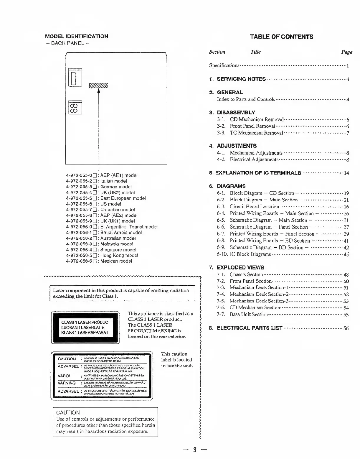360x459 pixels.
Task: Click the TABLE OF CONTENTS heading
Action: coord(281,37)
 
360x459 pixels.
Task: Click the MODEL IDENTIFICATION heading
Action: coord(77,36)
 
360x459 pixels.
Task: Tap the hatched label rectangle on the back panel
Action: coord(99,85)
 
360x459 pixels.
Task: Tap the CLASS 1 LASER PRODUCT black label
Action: coord(85,327)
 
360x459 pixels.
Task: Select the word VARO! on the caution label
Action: coord(64,376)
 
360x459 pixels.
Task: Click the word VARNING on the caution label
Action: coord(67,383)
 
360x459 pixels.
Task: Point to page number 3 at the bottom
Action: coord(194,450)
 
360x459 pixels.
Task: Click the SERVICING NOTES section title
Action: coord(241,79)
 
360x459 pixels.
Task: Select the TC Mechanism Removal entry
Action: coord(256,133)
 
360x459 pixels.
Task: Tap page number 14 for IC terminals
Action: coord(346,173)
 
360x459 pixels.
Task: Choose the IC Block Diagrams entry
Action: coord(250,254)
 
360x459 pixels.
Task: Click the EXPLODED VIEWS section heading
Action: coord(240,268)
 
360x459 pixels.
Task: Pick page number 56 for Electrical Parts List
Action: coord(346,328)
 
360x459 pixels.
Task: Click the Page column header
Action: coord(347,52)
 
